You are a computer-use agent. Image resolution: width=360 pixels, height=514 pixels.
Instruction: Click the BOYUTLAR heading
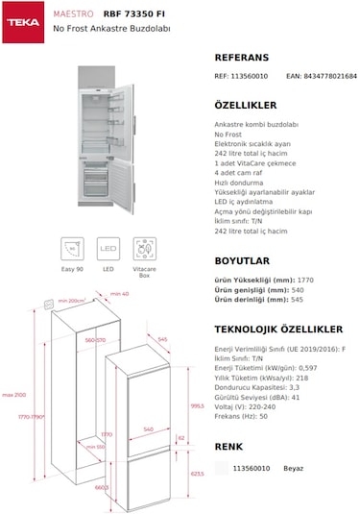242,259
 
